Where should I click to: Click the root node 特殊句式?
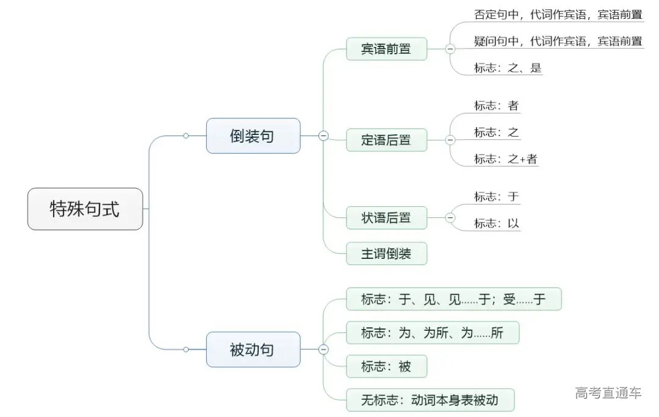pos(85,209)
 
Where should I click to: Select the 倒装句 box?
pos(253,136)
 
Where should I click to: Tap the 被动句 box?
pos(253,349)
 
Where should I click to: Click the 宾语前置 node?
pos(386,49)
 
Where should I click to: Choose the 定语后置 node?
pos(386,140)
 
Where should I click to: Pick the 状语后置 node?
pos(386,217)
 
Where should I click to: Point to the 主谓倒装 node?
pos(386,253)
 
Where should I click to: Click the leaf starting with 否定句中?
pos(558,15)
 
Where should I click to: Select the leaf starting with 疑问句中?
pos(558,41)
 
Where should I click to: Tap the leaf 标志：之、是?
pos(508,68)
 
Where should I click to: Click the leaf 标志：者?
pos(497,106)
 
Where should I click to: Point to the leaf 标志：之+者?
pos(506,159)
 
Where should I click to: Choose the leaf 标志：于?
pos(497,197)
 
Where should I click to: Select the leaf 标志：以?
pos(497,223)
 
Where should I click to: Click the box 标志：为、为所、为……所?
pos(432,333)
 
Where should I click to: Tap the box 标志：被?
pos(386,366)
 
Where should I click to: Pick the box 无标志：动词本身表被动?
pos(430,401)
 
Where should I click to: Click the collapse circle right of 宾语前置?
pos(450,49)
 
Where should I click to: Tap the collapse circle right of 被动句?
pos(323,349)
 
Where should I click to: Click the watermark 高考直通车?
pos(608,393)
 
